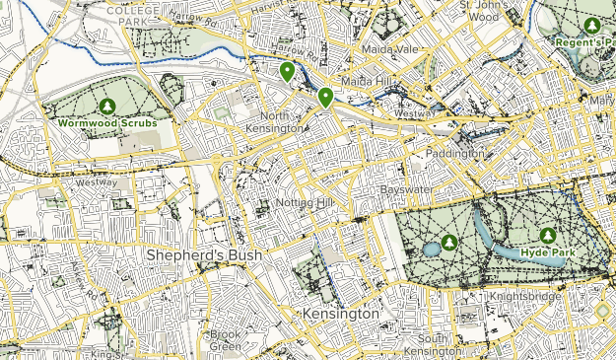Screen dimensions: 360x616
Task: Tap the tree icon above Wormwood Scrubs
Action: point(107,106)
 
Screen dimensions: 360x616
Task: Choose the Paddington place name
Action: point(455,154)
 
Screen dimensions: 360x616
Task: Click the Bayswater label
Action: point(408,188)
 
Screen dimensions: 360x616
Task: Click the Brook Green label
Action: point(225,340)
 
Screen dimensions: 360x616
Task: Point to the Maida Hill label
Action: point(366,79)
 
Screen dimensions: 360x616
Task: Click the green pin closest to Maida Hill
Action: point(325,96)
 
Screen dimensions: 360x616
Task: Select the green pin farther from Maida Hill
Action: point(287,71)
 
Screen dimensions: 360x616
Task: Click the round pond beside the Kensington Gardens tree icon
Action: point(432,249)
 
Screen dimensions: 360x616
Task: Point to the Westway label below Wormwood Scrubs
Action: point(97,181)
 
